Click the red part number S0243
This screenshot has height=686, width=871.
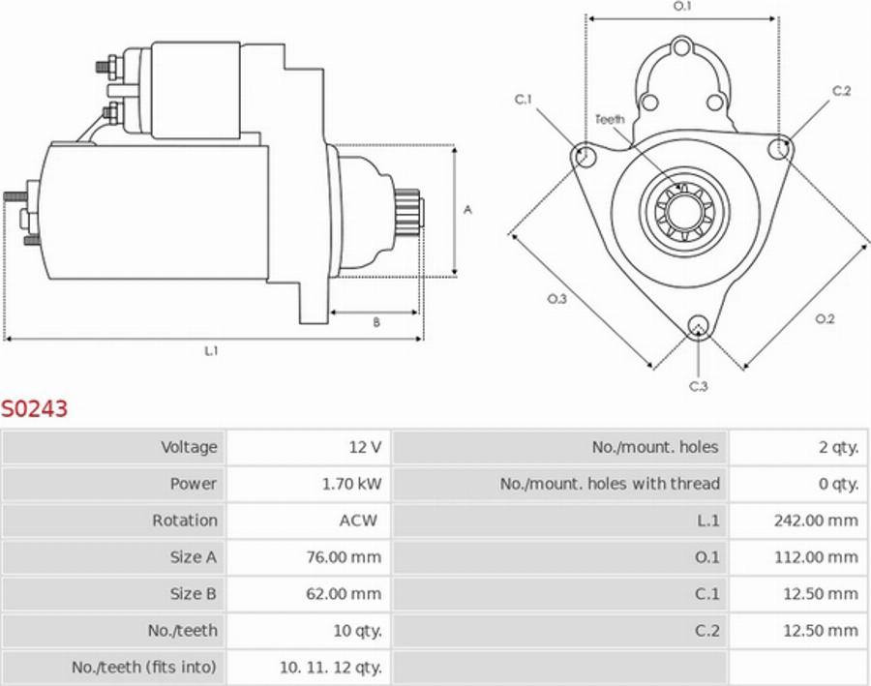coord(35,409)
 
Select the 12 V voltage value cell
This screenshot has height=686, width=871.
coord(365,447)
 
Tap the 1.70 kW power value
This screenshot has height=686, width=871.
coord(351,484)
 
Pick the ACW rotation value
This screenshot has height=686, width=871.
coord(358,521)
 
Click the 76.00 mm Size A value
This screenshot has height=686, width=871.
coord(344,557)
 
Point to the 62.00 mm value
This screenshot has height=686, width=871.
coord(344,594)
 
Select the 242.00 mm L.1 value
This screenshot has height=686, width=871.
coord(816,521)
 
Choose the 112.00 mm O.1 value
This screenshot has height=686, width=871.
coord(816,557)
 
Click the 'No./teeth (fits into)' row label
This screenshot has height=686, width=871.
coord(144,667)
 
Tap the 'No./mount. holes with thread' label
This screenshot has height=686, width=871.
coord(610,484)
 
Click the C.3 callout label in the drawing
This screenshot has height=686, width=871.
coord(698,386)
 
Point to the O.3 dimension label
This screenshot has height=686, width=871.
coord(557,299)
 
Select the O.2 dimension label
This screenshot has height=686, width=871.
coord(825,319)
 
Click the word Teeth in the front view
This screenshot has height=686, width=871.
coord(610,119)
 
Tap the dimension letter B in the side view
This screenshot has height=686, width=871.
coord(376,323)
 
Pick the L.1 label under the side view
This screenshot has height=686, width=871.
coord(211,351)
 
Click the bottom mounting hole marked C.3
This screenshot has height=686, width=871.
coord(698,325)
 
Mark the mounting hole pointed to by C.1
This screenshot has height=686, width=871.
coord(584,155)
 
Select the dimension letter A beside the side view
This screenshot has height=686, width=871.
coord(467,209)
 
